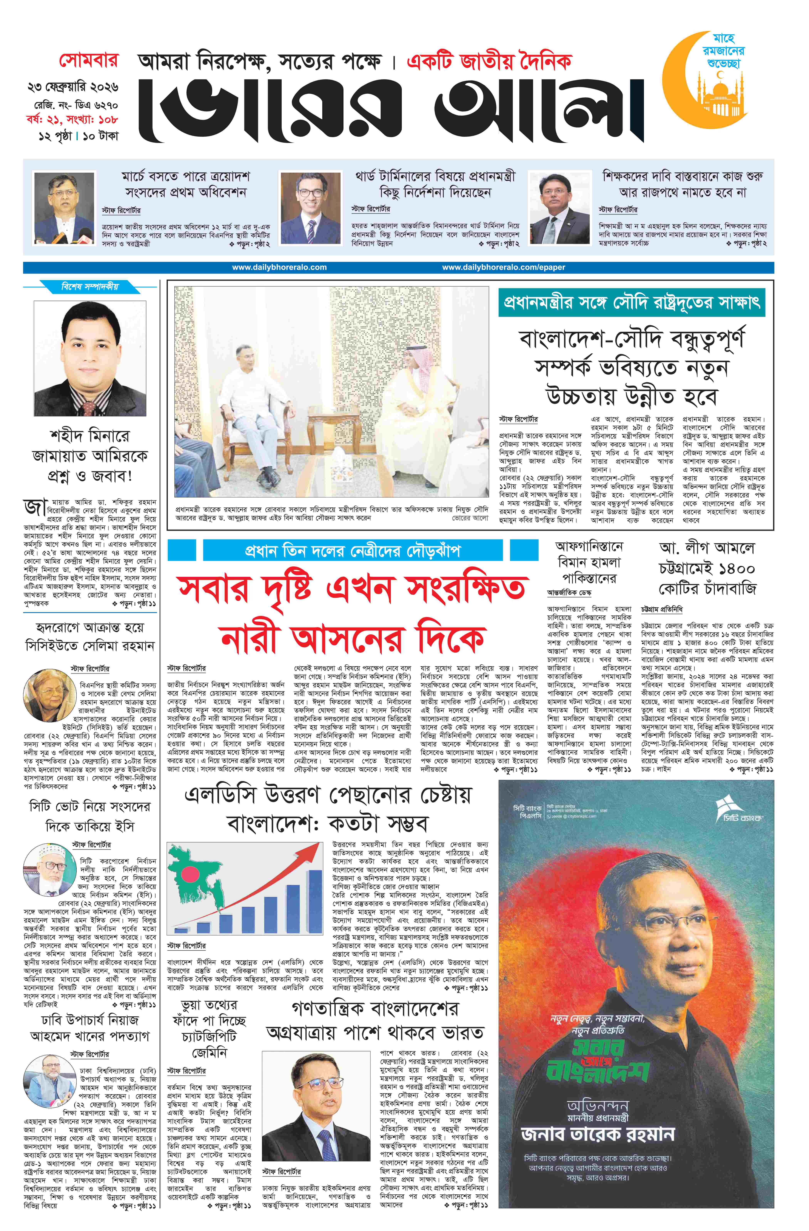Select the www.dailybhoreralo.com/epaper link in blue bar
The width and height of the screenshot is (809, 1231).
click(503, 267)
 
